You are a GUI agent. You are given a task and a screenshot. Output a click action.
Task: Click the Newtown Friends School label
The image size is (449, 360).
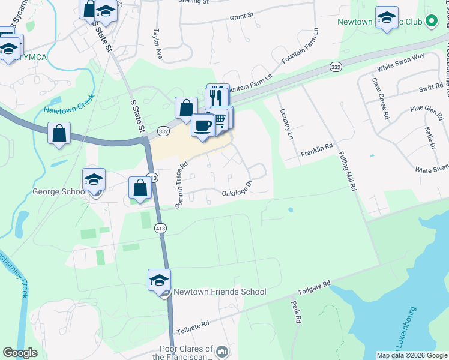click(x=219, y=292)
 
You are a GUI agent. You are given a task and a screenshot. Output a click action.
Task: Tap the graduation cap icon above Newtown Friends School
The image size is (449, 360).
click(x=159, y=280)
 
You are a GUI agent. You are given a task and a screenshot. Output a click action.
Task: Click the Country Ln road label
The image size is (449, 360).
click(x=286, y=124)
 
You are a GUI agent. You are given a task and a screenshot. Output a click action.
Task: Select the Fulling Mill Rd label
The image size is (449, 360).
click(x=347, y=171)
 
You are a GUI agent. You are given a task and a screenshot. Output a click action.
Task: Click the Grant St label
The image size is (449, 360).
click(x=241, y=17)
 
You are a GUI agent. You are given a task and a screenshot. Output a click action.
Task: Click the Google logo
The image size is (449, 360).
click(x=20, y=353)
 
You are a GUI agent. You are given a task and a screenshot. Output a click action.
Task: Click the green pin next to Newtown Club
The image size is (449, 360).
click(x=430, y=22)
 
